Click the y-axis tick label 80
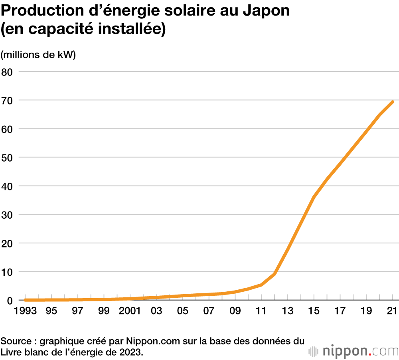tap(8, 72)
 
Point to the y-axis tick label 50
tap(8, 158)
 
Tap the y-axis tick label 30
tap(8, 215)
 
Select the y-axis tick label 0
tap(10, 301)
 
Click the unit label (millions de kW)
tap(38, 55)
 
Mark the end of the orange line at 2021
tap(393, 102)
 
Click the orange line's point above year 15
tap(314, 197)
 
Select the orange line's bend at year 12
tap(275, 274)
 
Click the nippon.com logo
tap(354, 351)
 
